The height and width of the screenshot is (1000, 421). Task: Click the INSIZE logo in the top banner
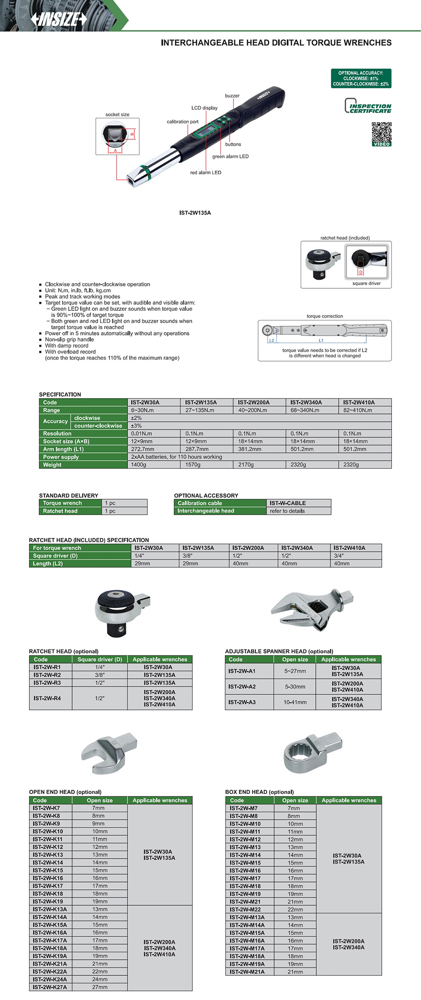click(59, 19)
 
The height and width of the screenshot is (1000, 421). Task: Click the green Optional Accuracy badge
click(361, 79)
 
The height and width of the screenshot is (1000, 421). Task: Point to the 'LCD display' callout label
click(204, 108)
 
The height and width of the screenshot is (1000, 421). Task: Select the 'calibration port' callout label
click(182, 121)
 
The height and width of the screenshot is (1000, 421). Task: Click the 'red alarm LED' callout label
click(205, 172)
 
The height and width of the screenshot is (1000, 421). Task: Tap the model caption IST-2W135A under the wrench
click(195, 213)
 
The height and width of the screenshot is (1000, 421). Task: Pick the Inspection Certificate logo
click(368, 106)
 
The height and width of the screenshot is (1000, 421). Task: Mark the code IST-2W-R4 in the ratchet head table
click(47, 698)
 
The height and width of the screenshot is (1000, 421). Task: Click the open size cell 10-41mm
click(295, 702)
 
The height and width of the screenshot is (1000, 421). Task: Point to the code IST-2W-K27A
click(50, 987)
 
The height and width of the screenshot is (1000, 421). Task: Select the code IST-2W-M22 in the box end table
click(245, 909)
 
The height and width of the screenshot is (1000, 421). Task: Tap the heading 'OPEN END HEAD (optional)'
click(65, 792)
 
